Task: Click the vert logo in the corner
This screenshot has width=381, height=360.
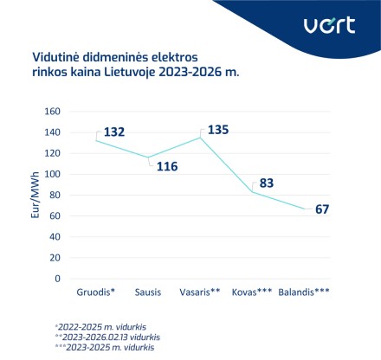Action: (x=329, y=25)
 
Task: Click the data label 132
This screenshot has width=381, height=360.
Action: (x=115, y=132)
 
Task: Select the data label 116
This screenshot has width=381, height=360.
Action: (x=167, y=165)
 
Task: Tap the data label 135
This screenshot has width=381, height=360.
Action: (x=217, y=130)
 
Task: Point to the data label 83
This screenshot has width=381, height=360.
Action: (x=266, y=183)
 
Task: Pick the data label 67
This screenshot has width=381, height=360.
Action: (x=323, y=209)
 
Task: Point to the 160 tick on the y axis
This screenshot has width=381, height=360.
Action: (x=51, y=112)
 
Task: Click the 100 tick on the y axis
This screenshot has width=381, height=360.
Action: (x=51, y=174)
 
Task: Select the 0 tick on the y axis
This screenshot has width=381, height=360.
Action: (x=57, y=279)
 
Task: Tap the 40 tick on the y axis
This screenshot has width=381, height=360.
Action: (x=54, y=237)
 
